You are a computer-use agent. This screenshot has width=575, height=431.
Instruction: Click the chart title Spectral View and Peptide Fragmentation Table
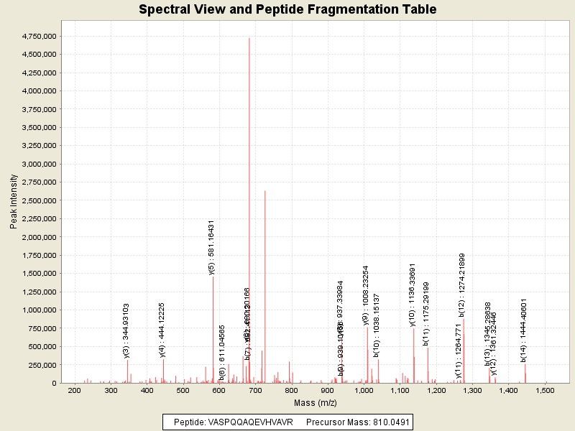pos(287,10)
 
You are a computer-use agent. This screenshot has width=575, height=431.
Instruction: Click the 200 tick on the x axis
pos(74,390)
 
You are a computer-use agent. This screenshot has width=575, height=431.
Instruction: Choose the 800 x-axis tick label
pos(292,390)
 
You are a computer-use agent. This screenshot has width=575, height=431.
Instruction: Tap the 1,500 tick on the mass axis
pos(545,390)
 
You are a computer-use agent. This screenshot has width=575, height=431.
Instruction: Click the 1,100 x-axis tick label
pos(400,390)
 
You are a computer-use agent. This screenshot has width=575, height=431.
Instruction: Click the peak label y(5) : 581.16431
pos(211,247)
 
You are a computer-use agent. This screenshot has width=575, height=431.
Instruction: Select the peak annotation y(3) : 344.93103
pos(126,330)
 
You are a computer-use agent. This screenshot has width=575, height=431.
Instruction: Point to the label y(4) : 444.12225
pos(162,329)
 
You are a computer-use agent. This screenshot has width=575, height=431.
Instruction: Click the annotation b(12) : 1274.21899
pos(462,285)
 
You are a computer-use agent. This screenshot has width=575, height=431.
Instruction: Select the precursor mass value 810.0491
pos(389,422)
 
